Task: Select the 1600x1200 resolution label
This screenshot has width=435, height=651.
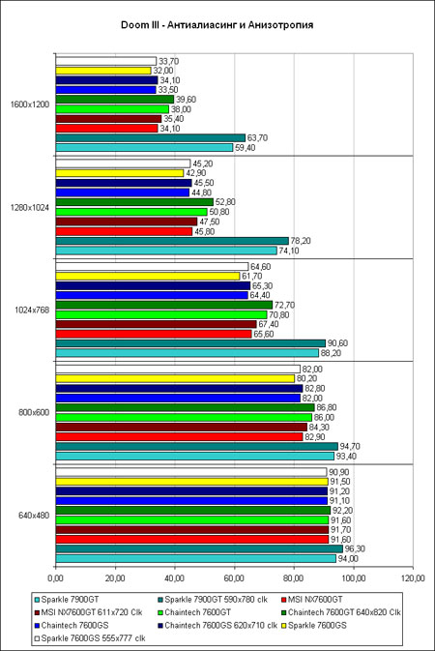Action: (x=29, y=104)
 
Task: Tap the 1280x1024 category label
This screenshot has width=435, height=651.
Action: (x=29, y=208)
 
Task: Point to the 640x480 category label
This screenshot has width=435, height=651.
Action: (x=34, y=516)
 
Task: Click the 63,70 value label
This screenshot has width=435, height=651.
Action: (x=257, y=137)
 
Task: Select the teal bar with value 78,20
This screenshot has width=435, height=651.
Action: (x=172, y=241)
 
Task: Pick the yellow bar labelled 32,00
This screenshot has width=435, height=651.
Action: (x=103, y=71)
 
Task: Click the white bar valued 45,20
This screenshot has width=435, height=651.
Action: (x=123, y=163)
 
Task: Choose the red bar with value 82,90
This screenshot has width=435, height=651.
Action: (x=179, y=437)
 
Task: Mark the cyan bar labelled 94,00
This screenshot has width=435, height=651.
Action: (x=196, y=559)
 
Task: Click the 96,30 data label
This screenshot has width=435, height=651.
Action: (x=355, y=548)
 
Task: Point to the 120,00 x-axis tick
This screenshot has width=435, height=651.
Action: (x=414, y=577)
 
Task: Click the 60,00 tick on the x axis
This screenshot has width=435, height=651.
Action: (x=234, y=577)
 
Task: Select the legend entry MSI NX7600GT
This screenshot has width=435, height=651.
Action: (x=312, y=600)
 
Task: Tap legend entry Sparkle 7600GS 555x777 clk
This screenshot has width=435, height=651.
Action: (x=90, y=637)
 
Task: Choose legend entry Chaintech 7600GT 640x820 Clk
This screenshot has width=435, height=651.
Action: (x=341, y=612)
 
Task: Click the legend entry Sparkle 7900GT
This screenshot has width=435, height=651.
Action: (x=67, y=600)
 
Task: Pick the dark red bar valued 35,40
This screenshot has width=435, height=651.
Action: (x=108, y=119)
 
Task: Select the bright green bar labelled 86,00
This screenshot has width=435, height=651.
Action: (x=184, y=417)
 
